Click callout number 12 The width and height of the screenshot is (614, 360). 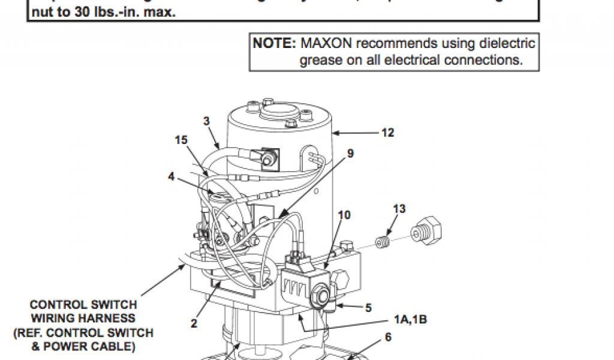click(x=388, y=133)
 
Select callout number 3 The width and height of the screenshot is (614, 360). click(x=206, y=121)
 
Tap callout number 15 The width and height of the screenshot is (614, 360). click(x=181, y=140)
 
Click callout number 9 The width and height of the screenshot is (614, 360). click(x=350, y=153)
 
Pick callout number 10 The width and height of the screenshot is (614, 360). click(x=344, y=214)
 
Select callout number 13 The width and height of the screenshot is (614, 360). click(x=399, y=209)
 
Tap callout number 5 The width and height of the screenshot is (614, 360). click(x=368, y=308)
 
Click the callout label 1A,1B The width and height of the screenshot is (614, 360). click(x=410, y=319)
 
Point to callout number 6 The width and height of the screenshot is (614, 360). click(x=388, y=337)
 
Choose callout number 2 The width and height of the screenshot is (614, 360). click(x=194, y=323)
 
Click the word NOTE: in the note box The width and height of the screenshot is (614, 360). click(x=274, y=44)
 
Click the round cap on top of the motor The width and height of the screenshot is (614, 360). click(x=279, y=112)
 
